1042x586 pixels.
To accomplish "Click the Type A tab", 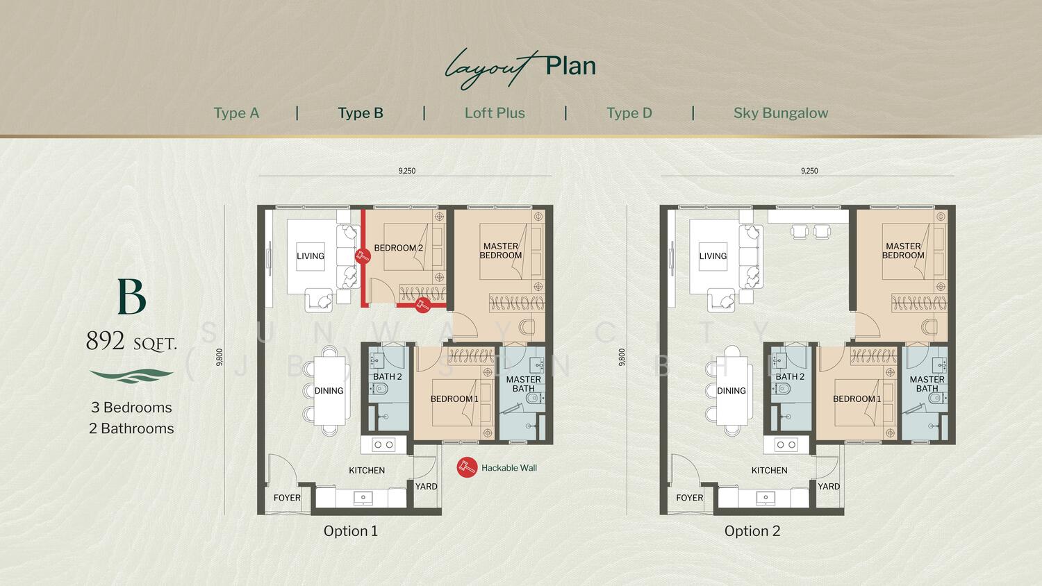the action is click(x=236, y=113).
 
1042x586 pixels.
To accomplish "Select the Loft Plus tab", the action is click(x=495, y=113).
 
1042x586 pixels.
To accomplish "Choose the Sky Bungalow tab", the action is click(x=781, y=113).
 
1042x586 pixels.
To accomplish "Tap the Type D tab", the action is click(x=629, y=113).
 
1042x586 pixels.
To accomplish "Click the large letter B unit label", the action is click(x=132, y=296).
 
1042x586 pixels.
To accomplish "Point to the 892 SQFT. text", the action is click(x=132, y=341).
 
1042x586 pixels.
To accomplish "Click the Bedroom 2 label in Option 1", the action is click(x=398, y=248).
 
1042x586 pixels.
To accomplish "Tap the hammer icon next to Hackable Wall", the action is click(x=467, y=467).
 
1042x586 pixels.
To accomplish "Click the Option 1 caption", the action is click(x=350, y=531).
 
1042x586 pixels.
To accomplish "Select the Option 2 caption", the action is click(x=752, y=531).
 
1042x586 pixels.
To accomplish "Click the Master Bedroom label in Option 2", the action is click(x=903, y=251).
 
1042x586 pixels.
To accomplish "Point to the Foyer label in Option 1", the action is click(x=287, y=498).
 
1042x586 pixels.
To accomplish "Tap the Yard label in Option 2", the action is click(x=829, y=487).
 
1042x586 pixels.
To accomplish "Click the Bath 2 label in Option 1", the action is click(x=387, y=377).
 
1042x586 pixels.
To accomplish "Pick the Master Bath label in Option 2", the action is click(x=927, y=384).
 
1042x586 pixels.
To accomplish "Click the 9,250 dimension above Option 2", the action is click(x=809, y=171).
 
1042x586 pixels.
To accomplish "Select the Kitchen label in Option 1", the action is click(x=367, y=470).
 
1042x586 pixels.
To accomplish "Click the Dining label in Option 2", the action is click(x=731, y=391).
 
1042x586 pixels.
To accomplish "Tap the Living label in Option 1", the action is click(x=311, y=256).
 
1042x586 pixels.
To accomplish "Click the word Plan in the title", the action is click(x=570, y=66).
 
